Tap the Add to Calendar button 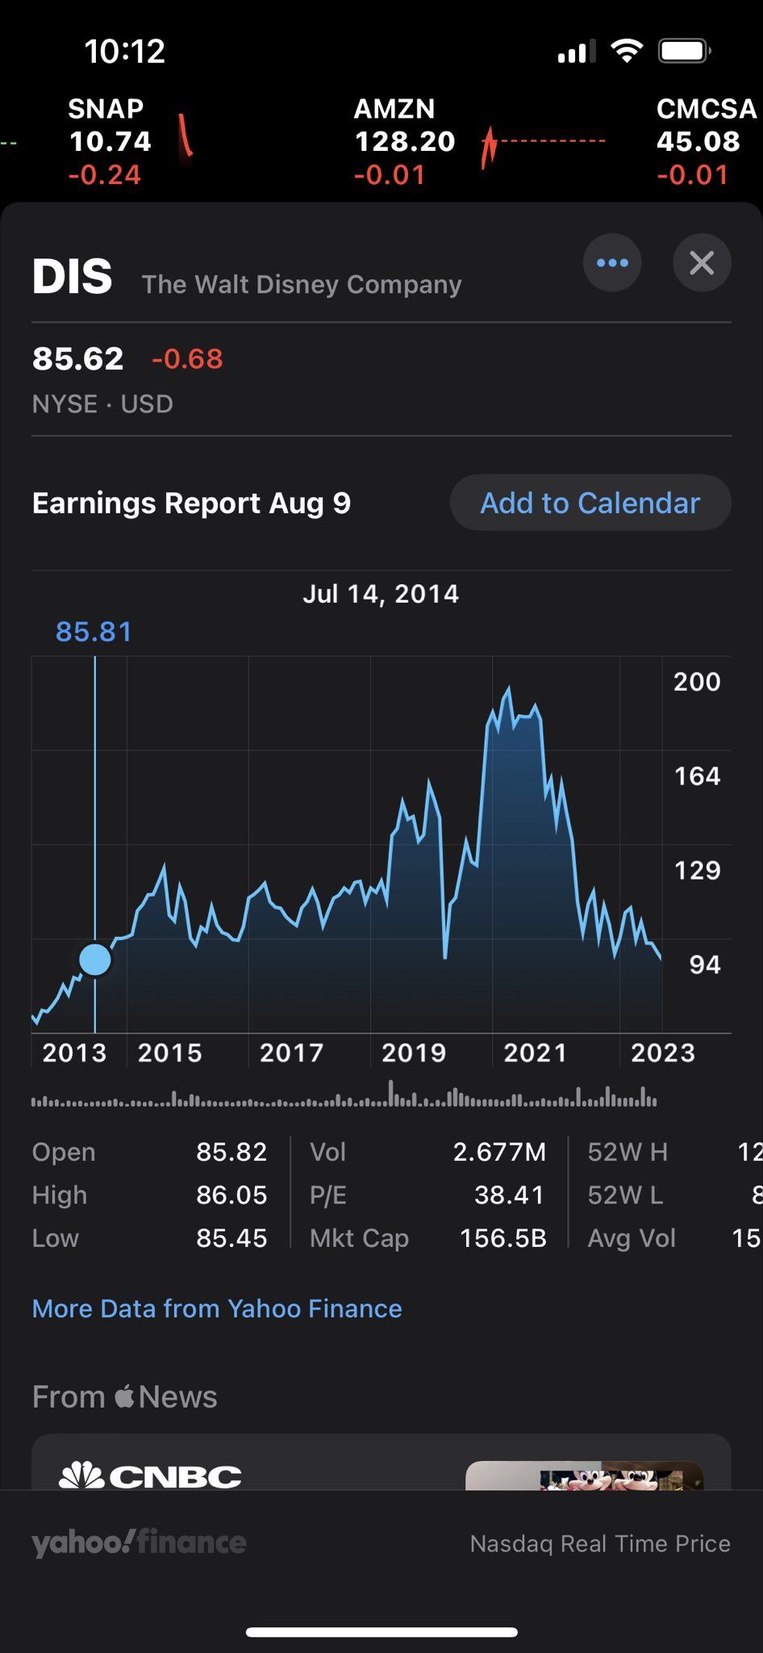pyautogui.click(x=590, y=503)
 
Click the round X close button pyautogui.click(x=702, y=262)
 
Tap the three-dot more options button pyautogui.click(x=612, y=262)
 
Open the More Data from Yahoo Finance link pyautogui.click(x=217, y=1308)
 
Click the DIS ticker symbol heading pyautogui.click(x=73, y=277)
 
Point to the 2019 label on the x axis pyautogui.click(x=413, y=1052)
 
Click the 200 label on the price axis pyautogui.click(x=697, y=682)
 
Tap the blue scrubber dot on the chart pyautogui.click(x=95, y=960)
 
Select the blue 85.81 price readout pyautogui.click(x=94, y=632)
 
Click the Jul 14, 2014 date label pyautogui.click(x=381, y=594)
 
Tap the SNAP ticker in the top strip pyautogui.click(x=106, y=109)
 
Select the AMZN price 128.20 pyautogui.click(x=405, y=142)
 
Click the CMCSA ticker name pyautogui.click(x=707, y=109)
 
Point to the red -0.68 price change pyautogui.click(x=187, y=359)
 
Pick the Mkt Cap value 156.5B pyautogui.click(x=502, y=1238)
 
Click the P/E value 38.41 pyautogui.click(x=509, y=1195)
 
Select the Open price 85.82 pyautogui.click(x=231, y=1152)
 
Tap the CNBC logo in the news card pyautogui.click(x=151, y=1476)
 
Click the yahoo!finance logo pyautogui.click(x=140, y=1542)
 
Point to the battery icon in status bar pyautogui.click(x=684, y=52)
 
